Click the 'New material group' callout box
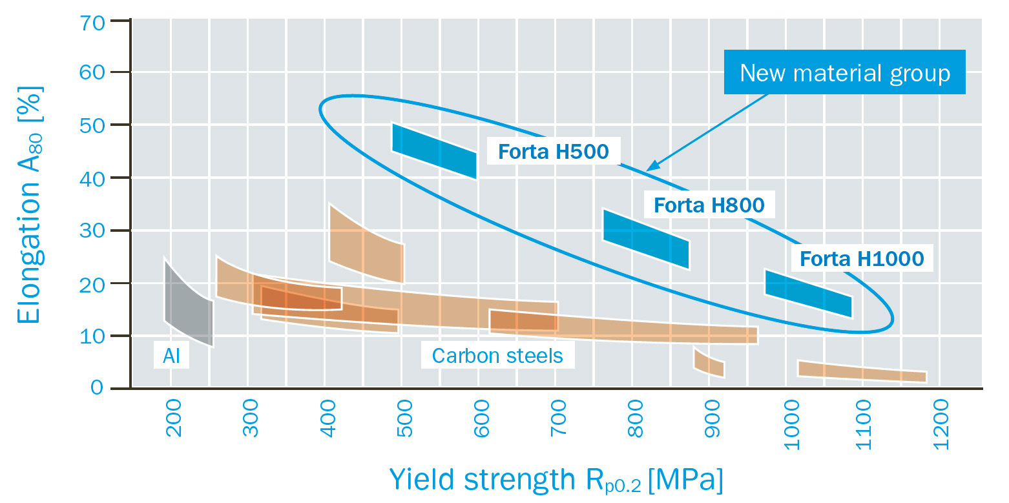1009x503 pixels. [x=844, y=72]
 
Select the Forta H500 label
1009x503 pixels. [x=553, y=151]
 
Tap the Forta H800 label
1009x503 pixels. [x=709, y=205]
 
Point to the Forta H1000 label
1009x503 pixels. [x=861, y=259]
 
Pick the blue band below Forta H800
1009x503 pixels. [x=645, y=239]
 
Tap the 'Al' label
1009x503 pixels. [x=171, y=356]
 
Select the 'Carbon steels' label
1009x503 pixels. [x=497, y=356]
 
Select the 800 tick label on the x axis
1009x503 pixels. [x=636, y=418]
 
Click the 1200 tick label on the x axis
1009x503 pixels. [x=940, y=418]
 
